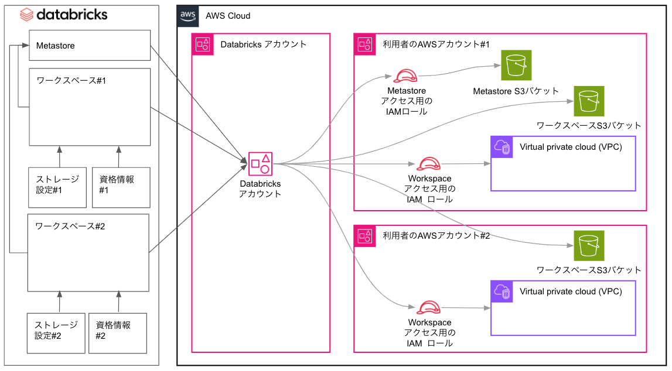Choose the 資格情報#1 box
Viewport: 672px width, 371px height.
click(x=121, y=187)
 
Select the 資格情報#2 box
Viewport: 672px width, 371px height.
click(x=117, y=333)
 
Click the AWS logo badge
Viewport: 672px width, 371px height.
click(x=187, y=16)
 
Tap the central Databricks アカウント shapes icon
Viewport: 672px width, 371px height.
click(x=260, y=163)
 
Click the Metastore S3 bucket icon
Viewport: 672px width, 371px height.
click(x=516, y=65)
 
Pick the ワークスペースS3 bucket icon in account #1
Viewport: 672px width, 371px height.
click(x=589, y=101)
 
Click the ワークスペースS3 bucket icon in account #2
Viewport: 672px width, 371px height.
click(x=589, y=246)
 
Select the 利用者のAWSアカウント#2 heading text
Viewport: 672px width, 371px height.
click(x=436, y=236)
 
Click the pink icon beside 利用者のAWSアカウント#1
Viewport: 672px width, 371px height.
click(x=365, y=44)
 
